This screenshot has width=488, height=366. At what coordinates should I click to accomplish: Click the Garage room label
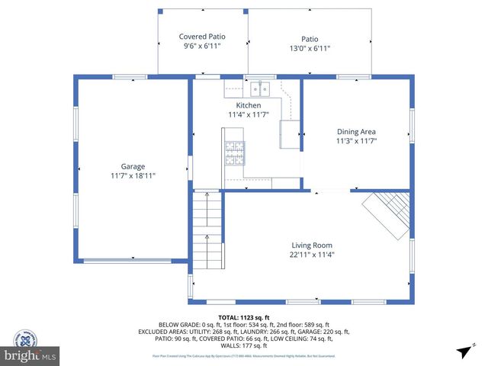tap(133, 166)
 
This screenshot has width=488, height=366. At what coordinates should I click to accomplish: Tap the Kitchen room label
tap(249, 105)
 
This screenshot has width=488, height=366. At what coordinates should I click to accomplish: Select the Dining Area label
tap(356, 131)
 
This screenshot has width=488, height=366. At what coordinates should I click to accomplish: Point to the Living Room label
tap(312, 245)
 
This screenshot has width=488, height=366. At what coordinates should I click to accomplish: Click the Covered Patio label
tap(202, 37)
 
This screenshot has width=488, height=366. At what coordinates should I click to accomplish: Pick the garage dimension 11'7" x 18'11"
tap(133, 176)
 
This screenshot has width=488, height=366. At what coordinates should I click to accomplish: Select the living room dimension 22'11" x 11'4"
tap(312, 255)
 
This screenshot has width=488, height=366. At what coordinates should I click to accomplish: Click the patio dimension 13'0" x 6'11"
tap(309, 49)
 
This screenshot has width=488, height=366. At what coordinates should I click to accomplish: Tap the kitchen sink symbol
tap(259, 87)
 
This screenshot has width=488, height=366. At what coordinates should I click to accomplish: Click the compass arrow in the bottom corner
tap(463, 352)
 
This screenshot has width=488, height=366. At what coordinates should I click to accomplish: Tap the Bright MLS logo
tap(30, 348)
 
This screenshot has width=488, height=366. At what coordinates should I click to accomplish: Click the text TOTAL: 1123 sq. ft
tap(244, 317)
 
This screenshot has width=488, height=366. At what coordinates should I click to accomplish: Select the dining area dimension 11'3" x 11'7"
tap(356, 141)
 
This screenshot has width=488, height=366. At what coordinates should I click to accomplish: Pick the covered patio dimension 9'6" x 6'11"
tap(202, 47)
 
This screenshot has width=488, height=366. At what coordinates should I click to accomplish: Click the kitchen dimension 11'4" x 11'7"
tap(249, 115)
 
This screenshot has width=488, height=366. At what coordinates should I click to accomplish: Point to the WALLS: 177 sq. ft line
tap(244, 345)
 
